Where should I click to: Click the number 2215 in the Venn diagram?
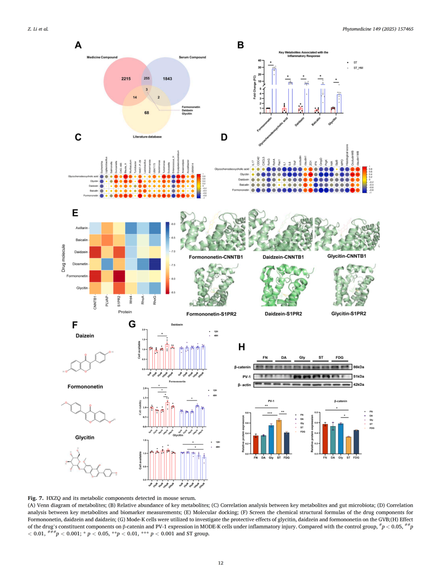click(126, 79)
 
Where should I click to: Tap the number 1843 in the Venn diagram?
click(167, 79)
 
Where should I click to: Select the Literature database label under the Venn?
click(147, 137)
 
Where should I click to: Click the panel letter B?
click(241, 45)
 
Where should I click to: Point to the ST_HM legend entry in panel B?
click(358, 68)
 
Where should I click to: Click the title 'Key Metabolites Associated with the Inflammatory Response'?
click(303, 54)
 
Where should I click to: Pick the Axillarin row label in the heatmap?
click(82, 228)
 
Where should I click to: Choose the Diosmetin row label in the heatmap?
click(80, 264)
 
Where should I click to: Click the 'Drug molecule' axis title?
click(63, 258)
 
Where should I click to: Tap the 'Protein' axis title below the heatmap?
click(125, 312)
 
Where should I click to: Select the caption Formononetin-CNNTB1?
click(216, 257)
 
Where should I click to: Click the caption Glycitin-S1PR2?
click(348, 314)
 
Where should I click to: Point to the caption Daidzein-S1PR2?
click(283, 314)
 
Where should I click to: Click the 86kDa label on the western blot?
click(359, 367)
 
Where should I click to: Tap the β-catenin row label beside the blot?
click(243, 367)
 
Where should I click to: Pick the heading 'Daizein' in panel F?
click(85, 336)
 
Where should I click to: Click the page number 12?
click(220, 563)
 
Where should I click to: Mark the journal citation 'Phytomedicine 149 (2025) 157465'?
click(378, 29)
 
